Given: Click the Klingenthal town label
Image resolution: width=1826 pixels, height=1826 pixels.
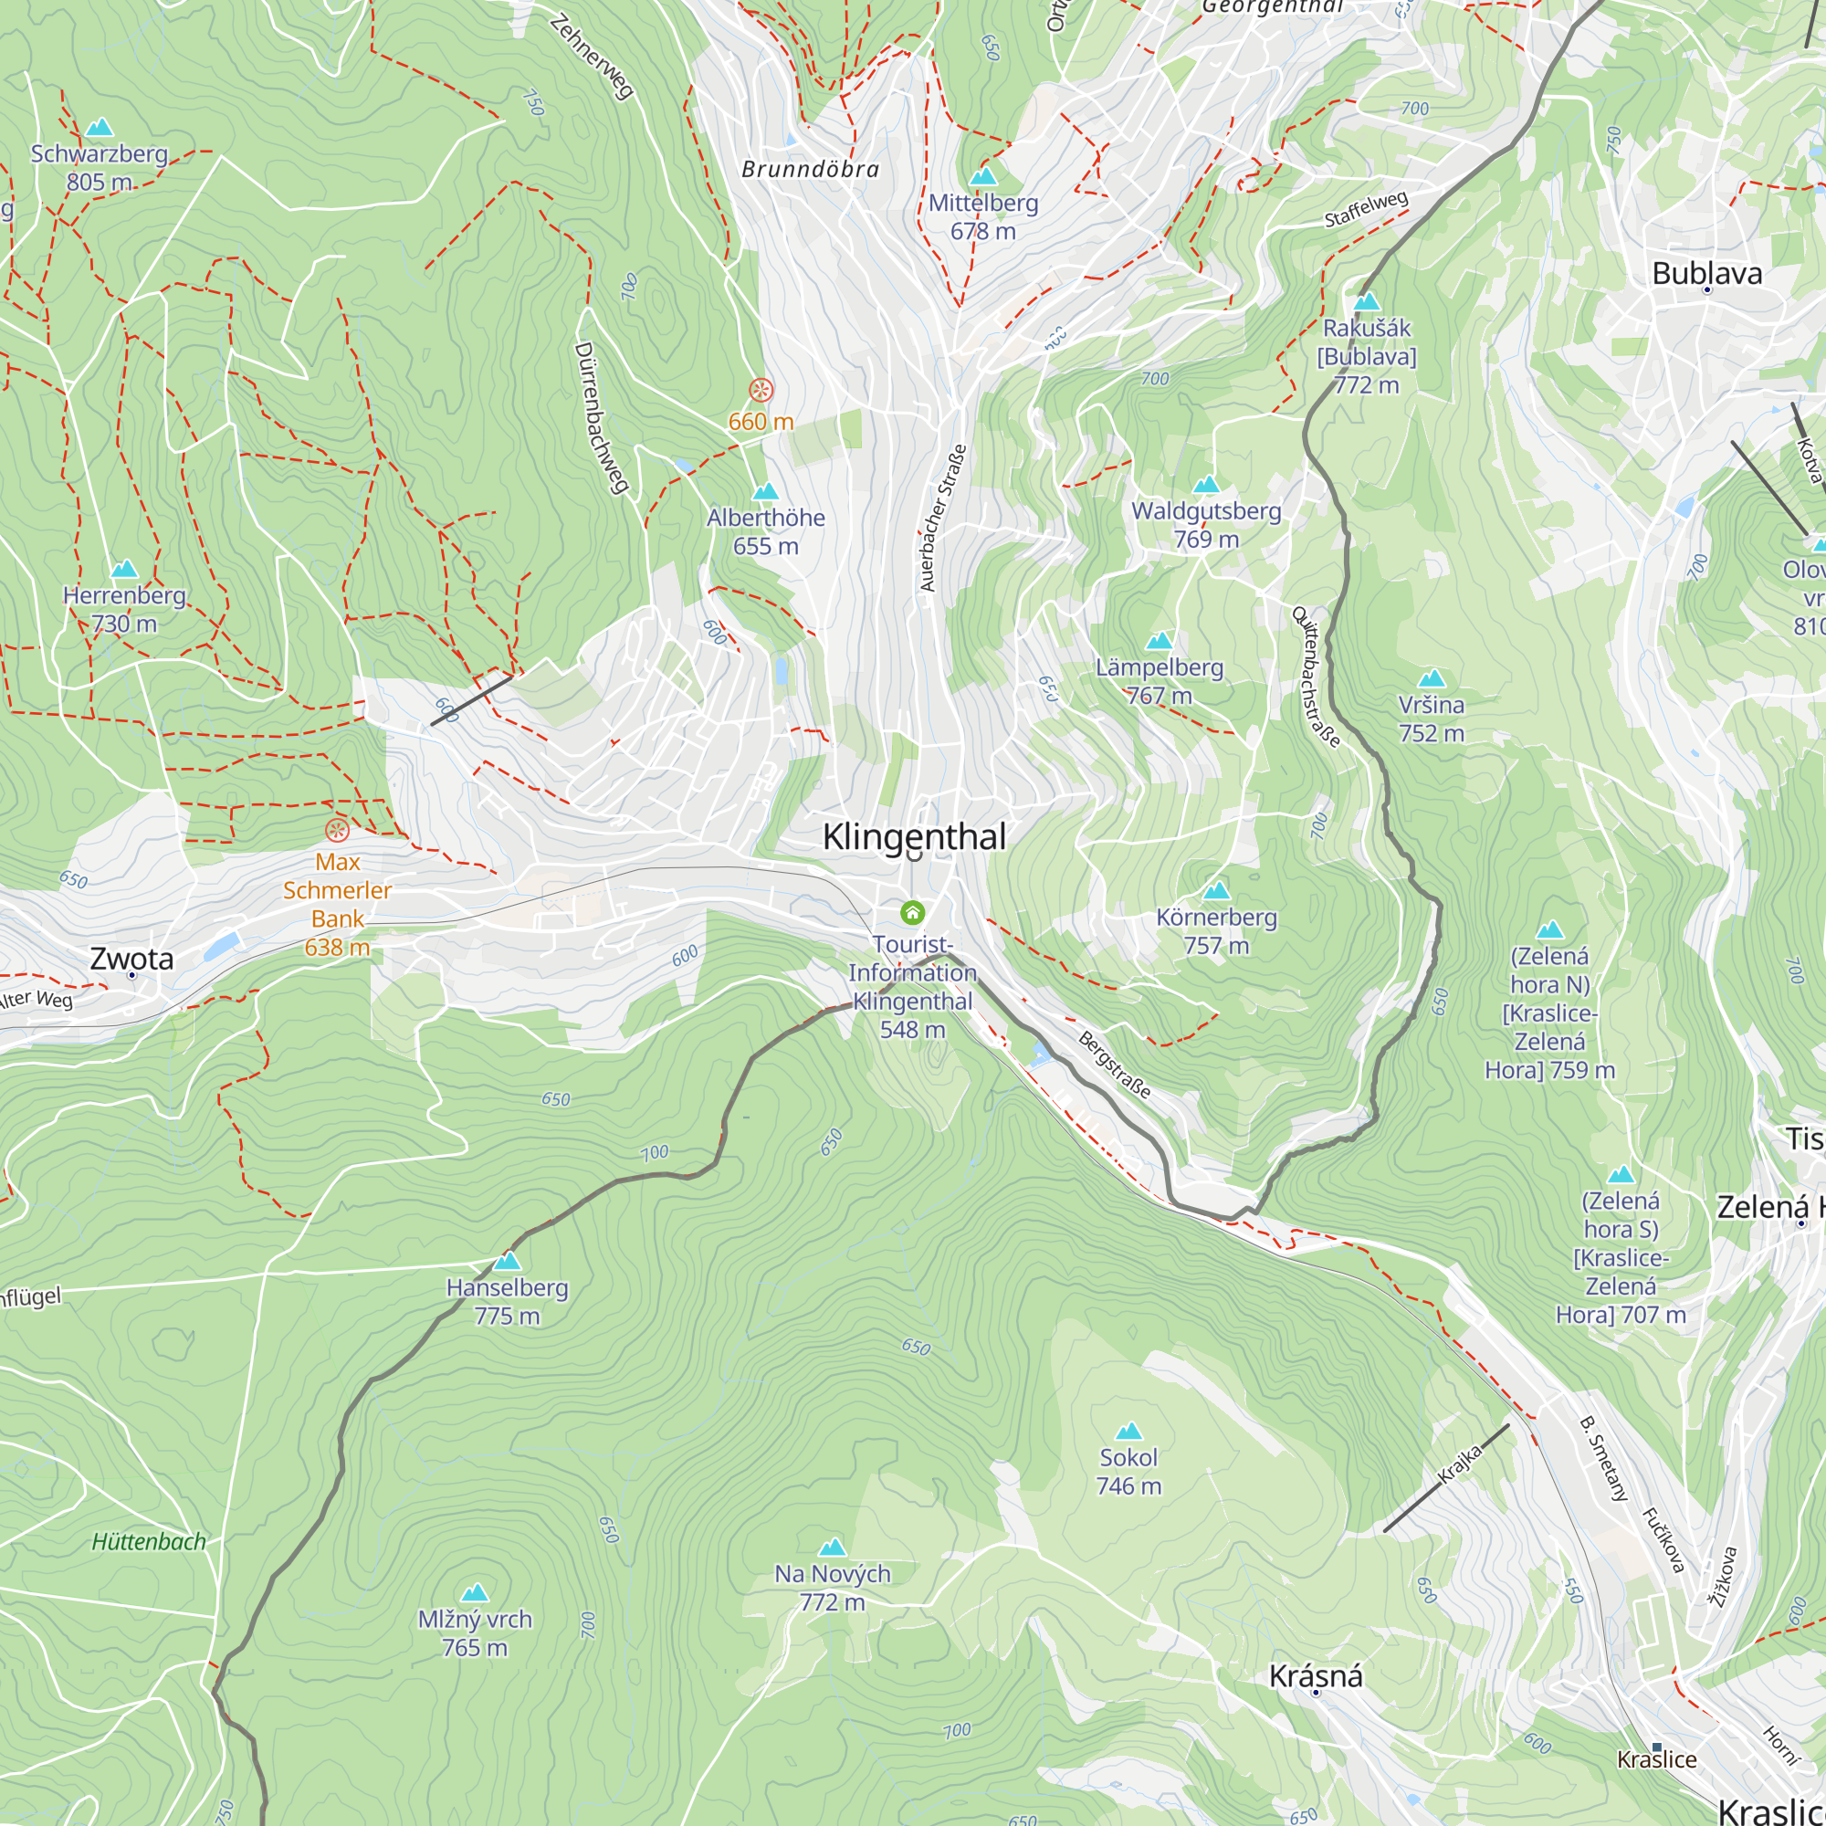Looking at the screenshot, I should pos(913,837).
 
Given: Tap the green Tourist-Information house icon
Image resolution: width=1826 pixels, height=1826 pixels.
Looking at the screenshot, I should pos(912,912).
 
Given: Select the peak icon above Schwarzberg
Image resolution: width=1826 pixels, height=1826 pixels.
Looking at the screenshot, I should pos(100,128).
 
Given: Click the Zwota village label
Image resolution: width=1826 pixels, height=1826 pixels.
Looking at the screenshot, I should pos(131,959).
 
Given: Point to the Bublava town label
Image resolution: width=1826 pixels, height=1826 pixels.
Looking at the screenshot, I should pos(1707,274).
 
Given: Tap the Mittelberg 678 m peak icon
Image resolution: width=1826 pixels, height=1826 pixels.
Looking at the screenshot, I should pos(983,177).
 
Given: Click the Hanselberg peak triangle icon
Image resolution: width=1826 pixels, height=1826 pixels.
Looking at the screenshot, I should pos(508,1261).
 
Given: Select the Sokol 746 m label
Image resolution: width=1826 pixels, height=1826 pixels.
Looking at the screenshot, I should pos(1128,1472).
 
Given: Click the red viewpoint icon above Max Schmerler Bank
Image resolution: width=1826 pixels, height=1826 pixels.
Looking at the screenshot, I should pos(338,831).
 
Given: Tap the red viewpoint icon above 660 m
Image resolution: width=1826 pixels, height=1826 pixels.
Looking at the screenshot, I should pos(761,390).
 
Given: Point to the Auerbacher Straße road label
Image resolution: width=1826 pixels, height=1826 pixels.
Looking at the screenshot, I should pos(942,518).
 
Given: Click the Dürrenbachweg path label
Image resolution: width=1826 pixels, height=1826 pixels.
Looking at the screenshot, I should pos(601,417).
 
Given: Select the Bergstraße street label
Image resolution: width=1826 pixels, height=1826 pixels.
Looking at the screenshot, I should pos(1116,1065).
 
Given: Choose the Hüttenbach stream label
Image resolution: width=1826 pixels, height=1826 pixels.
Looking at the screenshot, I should pos(149,1542).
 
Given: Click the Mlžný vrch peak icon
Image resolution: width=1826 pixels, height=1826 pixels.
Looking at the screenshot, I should pos(475,1592).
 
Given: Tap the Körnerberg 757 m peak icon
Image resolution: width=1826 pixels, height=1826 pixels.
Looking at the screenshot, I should pos(1216,890).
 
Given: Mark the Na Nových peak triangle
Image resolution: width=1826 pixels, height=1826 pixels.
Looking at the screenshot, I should pos(832,1548).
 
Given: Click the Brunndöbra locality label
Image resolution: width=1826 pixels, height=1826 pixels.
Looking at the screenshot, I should pos(810,170).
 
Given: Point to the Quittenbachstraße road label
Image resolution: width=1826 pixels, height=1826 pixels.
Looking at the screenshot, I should pos(1316,677).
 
